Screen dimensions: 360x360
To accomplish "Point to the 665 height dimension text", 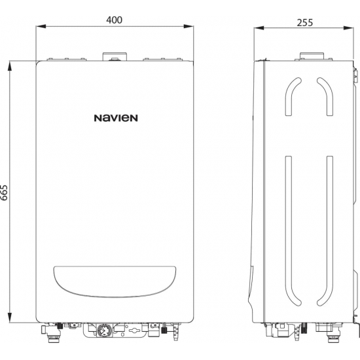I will point(6,192).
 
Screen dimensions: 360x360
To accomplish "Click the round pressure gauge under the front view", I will point(103,331).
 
